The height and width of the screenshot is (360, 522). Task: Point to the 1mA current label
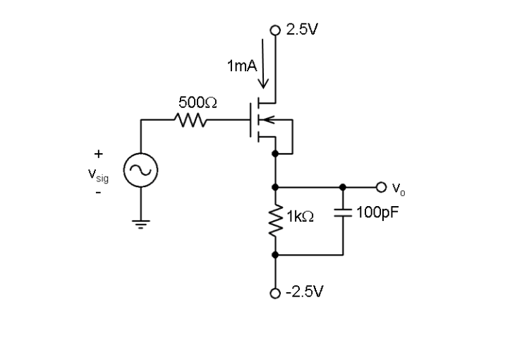click(x=242, y=66)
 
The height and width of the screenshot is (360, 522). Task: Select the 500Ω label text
click(x=198, y=103)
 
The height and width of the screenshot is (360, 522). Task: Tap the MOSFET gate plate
click(x=251, y=121)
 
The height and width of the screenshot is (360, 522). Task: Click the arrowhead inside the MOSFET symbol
click(x=268, y=121)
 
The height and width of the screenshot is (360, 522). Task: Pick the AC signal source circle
click(x=141, y=170)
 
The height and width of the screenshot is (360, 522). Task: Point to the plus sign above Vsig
click(x=98, y=152)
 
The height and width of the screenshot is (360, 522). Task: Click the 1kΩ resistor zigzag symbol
click(x=275, y=221)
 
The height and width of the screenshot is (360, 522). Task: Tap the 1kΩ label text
click(x=300, y=218)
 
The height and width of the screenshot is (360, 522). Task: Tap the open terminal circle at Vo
click(x=381, y=188)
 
